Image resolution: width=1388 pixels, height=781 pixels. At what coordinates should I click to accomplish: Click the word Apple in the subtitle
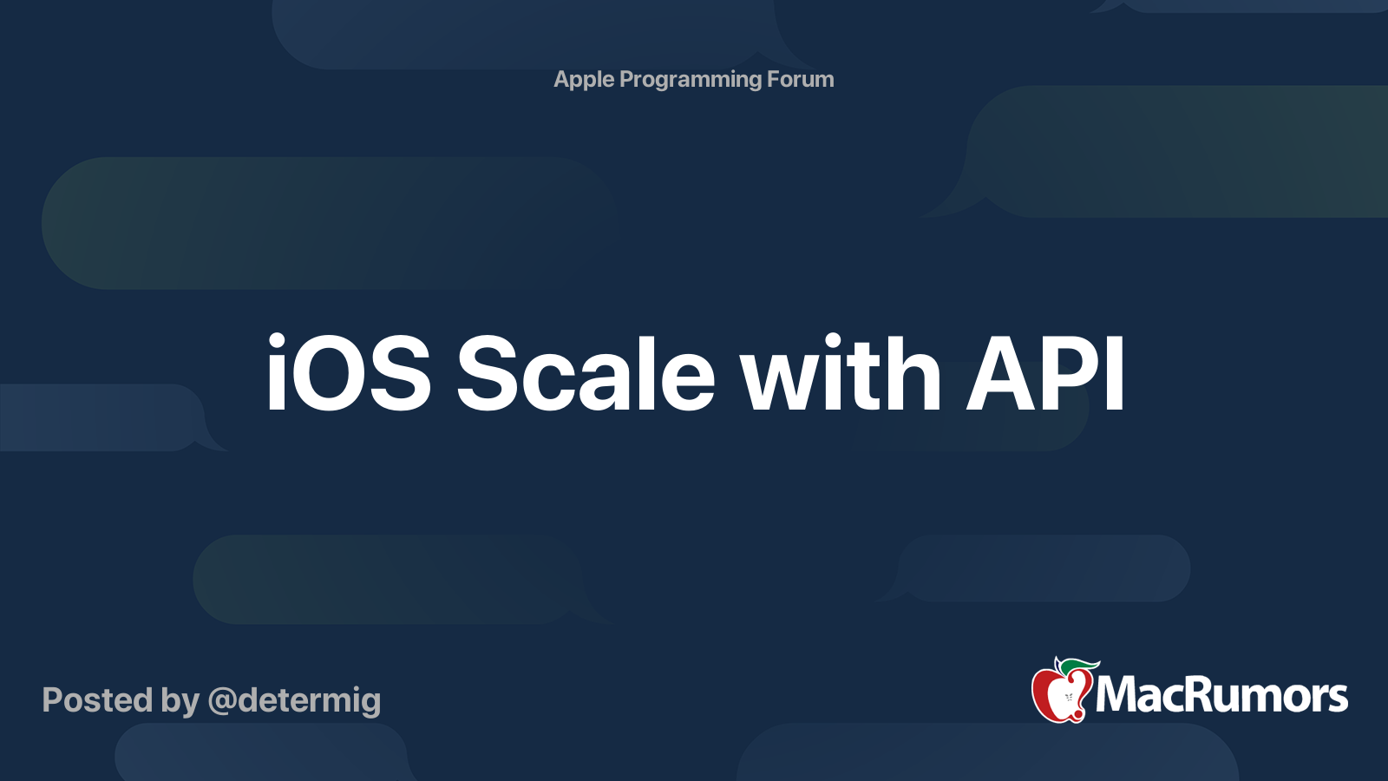584,80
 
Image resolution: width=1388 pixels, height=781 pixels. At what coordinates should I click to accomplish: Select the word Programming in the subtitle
691,81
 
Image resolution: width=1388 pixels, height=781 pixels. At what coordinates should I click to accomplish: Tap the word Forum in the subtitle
800,80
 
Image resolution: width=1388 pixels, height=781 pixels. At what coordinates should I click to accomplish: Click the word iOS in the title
348,374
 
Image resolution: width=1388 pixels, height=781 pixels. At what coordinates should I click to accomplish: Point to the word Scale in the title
586,374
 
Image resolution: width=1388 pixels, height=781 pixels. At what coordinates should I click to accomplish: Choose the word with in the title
840,374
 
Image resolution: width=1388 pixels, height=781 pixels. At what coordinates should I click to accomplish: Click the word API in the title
1045,374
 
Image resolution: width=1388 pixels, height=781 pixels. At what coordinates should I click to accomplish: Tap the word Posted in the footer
97,699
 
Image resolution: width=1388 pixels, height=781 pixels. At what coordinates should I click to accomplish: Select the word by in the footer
180,701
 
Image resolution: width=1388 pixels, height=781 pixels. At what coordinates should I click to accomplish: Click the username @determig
294,701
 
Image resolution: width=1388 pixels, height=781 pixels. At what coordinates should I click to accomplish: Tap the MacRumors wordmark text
1221,695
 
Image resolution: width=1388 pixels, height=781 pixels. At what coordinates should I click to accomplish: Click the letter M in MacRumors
1118,695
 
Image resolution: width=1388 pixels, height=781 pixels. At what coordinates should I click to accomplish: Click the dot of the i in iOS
276,340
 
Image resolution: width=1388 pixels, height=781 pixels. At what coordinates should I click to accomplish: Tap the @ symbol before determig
221,701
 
